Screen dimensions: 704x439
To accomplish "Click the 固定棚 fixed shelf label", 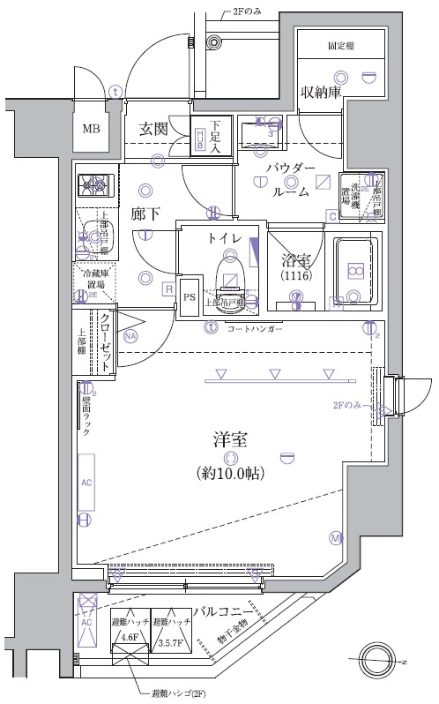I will (x=340, y=43).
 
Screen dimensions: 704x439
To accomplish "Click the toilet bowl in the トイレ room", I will (x=230, y=268).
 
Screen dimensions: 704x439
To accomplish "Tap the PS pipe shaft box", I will (x=190, y=297).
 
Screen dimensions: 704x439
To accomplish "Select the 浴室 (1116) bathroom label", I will (x=295, y=267).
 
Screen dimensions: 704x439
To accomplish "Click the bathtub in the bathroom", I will (x=353, y=271).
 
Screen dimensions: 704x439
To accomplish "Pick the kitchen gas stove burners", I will (x=95, y=184).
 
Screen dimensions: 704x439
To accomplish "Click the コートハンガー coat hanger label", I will (x=255, y=328).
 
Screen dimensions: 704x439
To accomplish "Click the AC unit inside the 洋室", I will (x=86, y=483).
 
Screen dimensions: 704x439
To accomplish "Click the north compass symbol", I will (x=380, y=659).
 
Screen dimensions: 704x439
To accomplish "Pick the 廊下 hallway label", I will (x=146, y=213).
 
